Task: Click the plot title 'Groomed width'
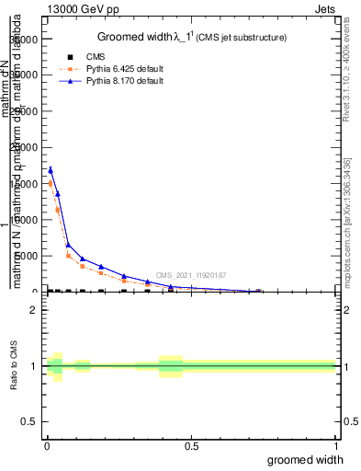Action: click(x=135, y=37)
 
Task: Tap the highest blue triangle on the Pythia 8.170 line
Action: click(x=51, y=169)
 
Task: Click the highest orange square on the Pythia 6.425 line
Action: click(x=51, y=184)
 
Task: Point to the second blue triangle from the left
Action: click(x=58, y=194)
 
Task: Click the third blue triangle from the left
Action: click(x=68, y=245)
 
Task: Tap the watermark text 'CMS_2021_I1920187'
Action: click(x=191, y=274)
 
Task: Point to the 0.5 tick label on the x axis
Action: click(x=191, y=446)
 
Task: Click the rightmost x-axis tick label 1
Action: click(x=335, y=446)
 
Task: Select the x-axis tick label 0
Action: click(x=47, y=446)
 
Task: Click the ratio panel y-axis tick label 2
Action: click(x=33, y=310)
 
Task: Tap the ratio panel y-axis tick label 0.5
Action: click(x=29, y=422)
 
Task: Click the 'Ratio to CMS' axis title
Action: click(x=14, y=366)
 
